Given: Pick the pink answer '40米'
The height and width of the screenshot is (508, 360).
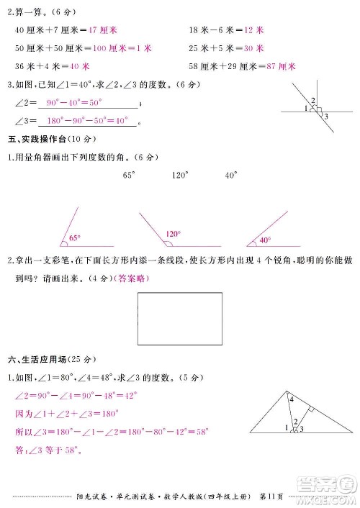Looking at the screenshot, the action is tap(80, 65).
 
